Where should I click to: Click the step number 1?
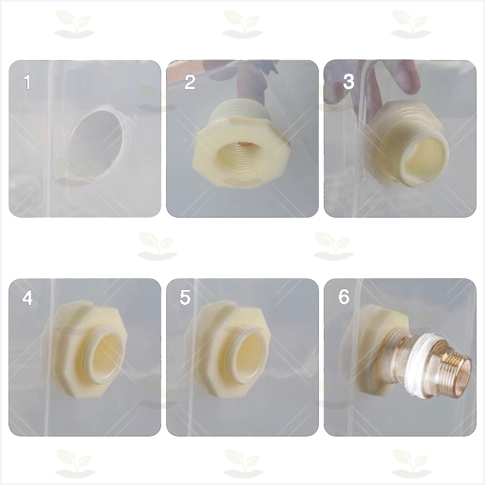point(27,82)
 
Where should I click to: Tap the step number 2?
point(190,82)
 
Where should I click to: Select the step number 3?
point(349,82)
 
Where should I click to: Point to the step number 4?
point(27,298)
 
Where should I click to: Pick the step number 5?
point(185,297)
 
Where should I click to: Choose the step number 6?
point(344,297)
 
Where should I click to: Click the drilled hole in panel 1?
point(96,142)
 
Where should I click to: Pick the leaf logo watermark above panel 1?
point(74,24)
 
